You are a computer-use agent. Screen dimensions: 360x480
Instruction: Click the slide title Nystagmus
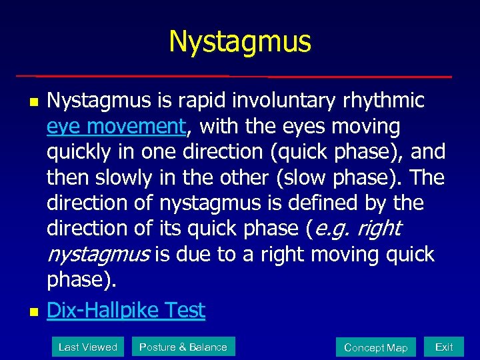coord(240,41)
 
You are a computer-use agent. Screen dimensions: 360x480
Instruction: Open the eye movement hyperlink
coord(115,126)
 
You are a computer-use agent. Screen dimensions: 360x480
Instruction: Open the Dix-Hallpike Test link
coord(126,310)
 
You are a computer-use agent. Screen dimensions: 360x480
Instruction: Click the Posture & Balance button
coord(183,347)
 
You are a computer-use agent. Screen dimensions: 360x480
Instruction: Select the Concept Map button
coord(375,347)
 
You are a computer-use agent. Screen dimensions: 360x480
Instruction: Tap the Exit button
coord(443,347)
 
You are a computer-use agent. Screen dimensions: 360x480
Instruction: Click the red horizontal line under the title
coord(233,76)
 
